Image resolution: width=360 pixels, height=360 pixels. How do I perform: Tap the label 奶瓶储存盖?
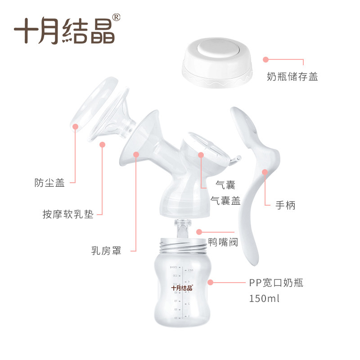tap(292, 77)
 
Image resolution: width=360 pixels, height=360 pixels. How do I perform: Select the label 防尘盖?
tap(50, 183)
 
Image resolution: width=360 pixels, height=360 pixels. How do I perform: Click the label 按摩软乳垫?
tap(68, 215)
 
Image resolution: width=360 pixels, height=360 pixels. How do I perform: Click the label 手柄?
tap(286, 206)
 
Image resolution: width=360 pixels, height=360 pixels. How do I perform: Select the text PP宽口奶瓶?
tap(276, 283)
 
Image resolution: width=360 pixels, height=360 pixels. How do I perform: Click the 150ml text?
tap(264, 298)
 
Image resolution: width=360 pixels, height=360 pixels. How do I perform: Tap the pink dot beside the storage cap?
tap(265, 59)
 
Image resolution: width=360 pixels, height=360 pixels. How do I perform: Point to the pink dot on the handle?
tap(265, 172)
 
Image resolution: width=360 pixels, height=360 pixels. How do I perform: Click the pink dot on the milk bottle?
tap(210, 283)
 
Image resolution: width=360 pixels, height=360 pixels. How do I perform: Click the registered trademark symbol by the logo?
tap(116, 17)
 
